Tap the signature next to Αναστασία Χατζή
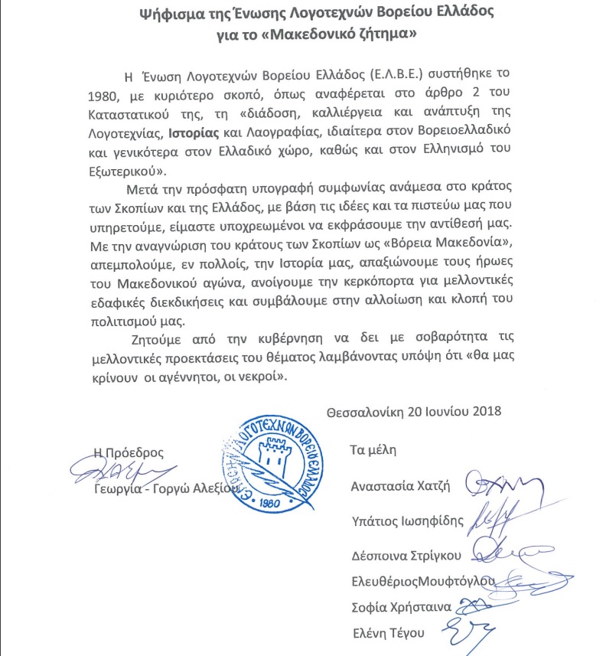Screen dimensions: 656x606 coord(494,484)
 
